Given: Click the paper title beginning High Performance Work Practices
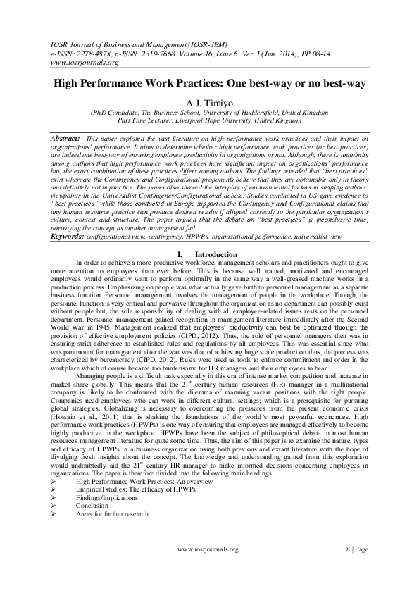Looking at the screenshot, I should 209,84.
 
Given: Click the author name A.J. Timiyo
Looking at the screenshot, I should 209,101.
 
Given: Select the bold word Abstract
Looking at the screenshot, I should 69,132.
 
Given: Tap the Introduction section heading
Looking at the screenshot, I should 218,254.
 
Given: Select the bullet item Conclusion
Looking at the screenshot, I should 92,505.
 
